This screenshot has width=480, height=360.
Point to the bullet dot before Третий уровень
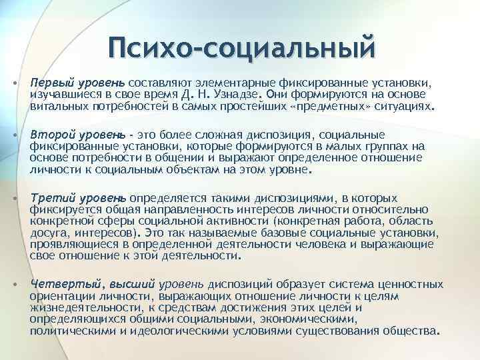(x=15, y=199)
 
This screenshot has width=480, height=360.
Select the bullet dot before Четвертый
(x=15, y=283)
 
